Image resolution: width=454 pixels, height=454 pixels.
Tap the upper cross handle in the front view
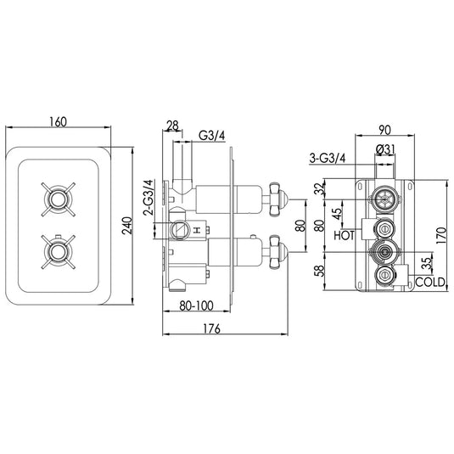57,201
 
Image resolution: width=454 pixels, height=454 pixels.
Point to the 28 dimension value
173,126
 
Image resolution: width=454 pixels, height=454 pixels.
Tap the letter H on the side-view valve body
196,231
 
